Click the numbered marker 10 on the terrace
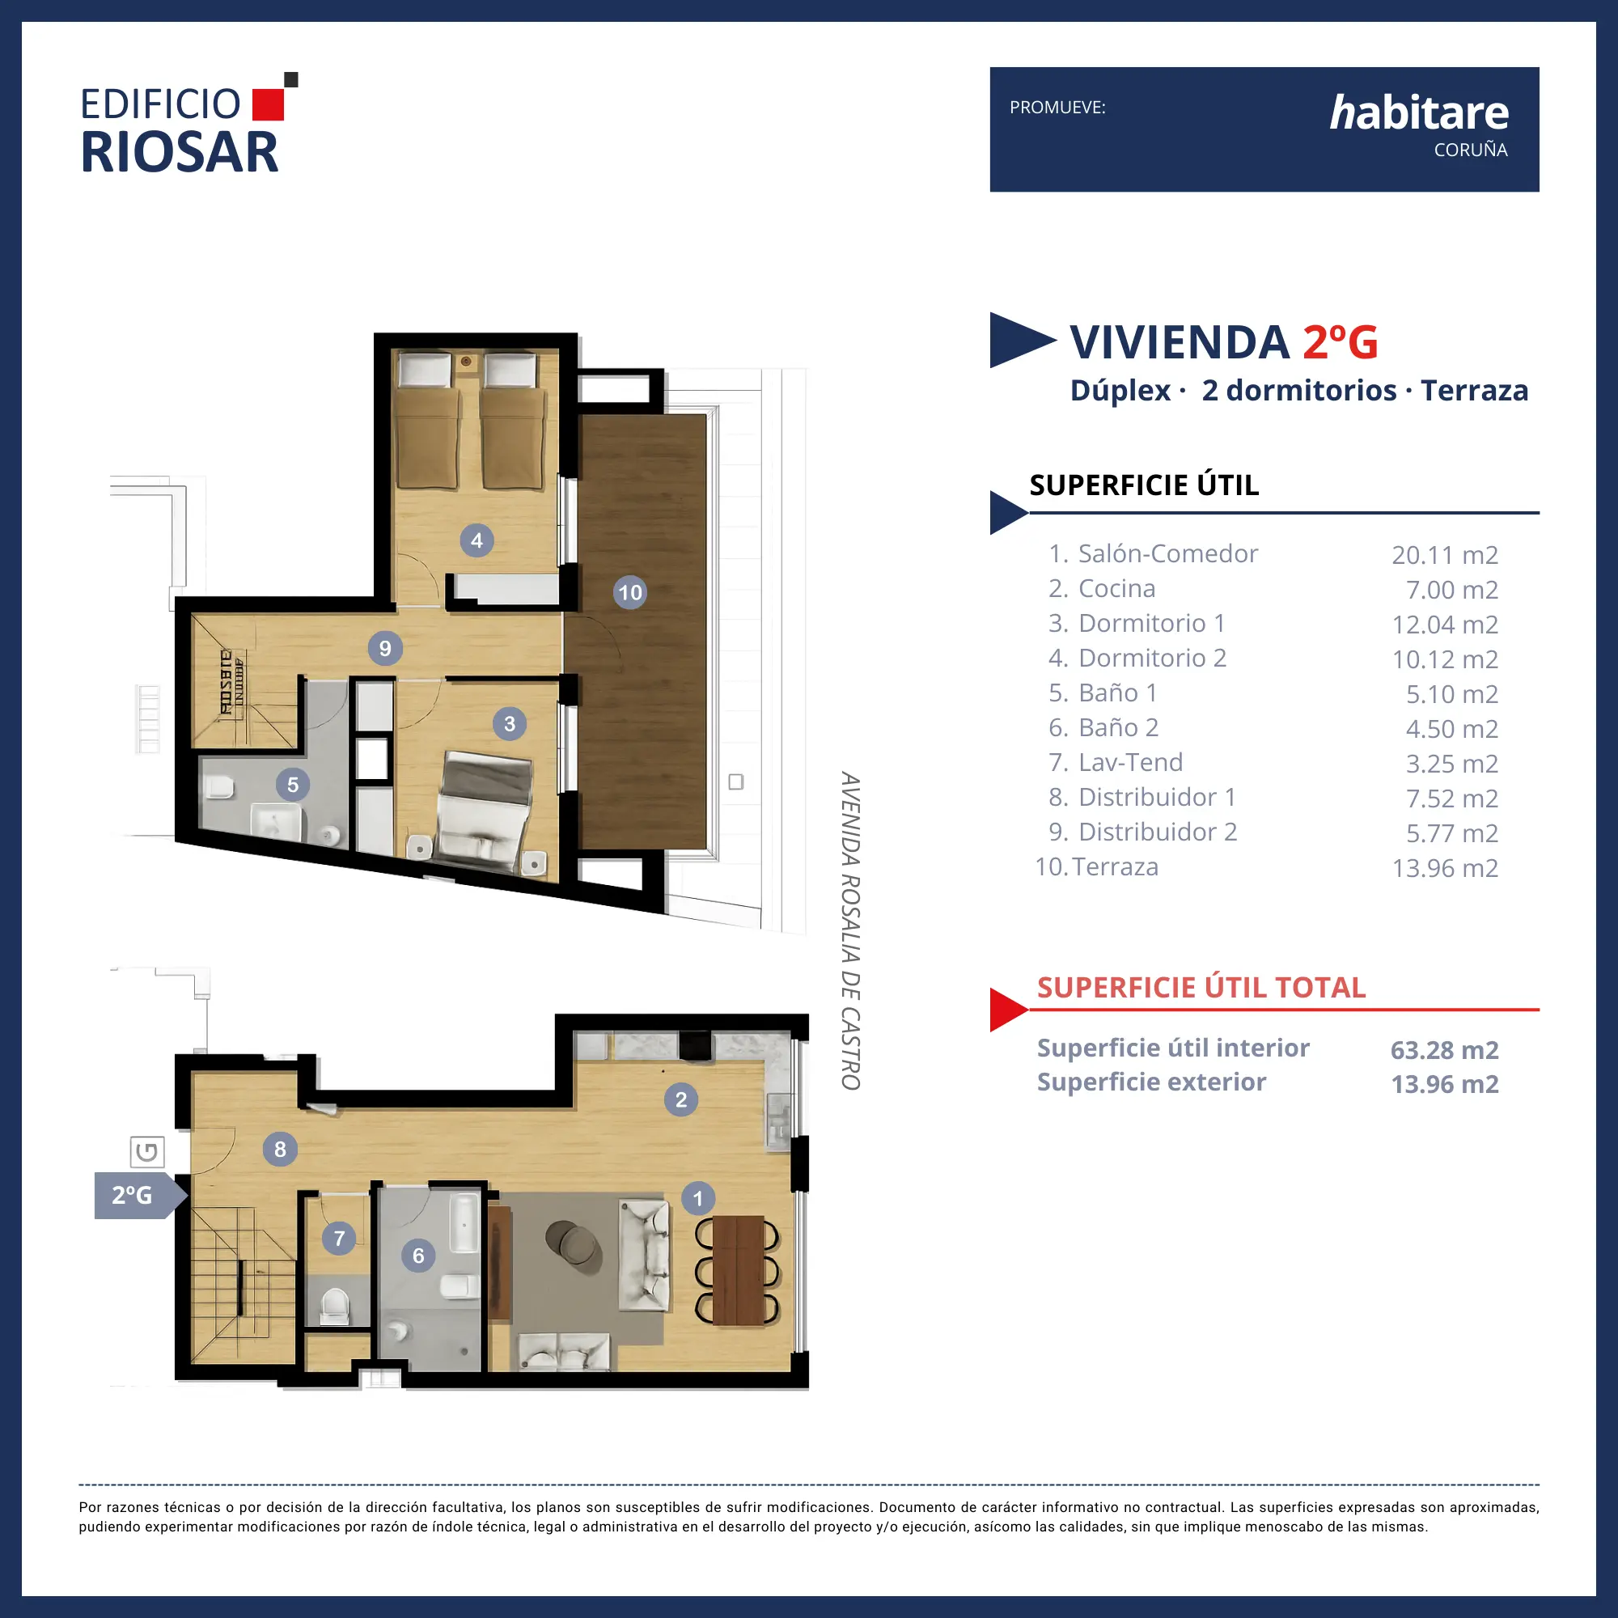629,592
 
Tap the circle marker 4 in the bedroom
477,540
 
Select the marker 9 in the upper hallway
385,648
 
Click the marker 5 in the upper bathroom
293,785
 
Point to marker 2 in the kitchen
681,1099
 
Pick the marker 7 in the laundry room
339,1238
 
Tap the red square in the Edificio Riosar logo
268,104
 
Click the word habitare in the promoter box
1419,112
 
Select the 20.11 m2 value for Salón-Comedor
1445,554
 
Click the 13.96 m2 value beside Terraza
1445,867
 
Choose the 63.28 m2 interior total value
1445,1049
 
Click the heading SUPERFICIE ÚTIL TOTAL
1201,987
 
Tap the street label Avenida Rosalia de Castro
851,930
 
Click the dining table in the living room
739,1270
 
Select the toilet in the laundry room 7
335,1306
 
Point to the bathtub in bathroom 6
463,1222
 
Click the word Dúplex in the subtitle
1120,390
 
